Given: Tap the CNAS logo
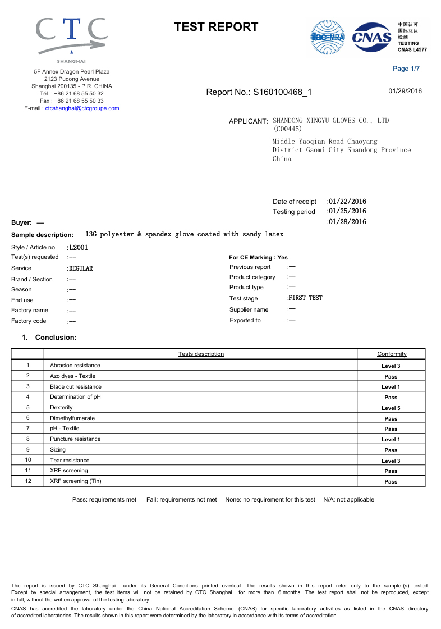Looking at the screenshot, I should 371,38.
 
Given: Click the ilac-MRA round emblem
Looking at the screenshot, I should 328,37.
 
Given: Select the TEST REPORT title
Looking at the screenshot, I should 216,27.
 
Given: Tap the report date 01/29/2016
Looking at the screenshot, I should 405,91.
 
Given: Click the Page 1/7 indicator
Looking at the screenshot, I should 406,69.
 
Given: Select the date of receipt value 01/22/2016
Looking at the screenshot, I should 347,201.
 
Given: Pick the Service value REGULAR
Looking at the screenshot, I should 80,268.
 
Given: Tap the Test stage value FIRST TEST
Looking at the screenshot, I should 305,298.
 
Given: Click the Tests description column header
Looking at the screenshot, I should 201,354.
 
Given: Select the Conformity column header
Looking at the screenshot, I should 392,354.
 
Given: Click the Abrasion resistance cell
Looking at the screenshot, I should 75,366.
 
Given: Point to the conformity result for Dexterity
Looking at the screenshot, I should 391,408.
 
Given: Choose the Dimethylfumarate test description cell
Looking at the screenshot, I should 72,418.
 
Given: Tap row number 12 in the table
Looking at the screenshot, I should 27,481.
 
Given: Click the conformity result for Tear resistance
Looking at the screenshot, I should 391,461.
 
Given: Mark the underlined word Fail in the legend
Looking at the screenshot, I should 151,499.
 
